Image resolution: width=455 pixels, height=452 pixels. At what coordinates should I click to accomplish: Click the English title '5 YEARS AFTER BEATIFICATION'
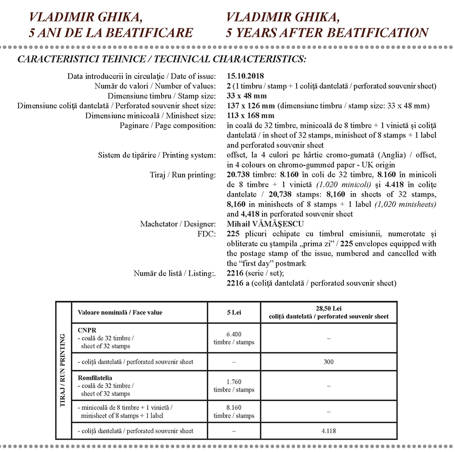328,33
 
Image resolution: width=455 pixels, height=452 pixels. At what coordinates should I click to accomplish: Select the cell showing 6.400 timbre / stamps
234,338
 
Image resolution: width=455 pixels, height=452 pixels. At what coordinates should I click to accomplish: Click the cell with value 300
329,362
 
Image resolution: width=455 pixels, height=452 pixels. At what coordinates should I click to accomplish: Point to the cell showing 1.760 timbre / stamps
234,386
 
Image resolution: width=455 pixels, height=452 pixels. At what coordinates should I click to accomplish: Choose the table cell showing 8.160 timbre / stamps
234,412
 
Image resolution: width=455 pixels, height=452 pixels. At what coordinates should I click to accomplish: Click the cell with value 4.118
329,431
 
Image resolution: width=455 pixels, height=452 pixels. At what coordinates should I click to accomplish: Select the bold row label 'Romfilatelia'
95,377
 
